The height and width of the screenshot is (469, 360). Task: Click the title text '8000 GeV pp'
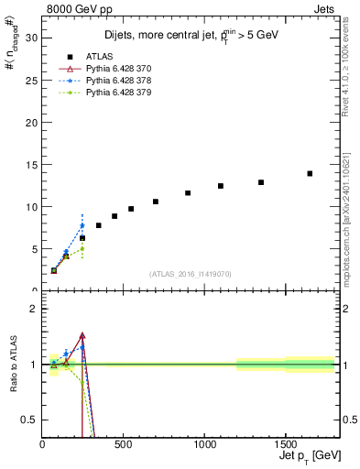(74, 8)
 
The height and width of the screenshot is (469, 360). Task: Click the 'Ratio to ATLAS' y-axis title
(14, 365)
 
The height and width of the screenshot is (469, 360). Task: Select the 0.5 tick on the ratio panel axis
(30, 420)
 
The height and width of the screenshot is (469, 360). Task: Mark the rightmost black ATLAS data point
(310, 173)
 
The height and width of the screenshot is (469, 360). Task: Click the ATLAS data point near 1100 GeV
(221, 186)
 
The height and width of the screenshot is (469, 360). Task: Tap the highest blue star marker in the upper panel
(82, 225)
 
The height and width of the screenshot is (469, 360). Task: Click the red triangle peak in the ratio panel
(82, 336)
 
